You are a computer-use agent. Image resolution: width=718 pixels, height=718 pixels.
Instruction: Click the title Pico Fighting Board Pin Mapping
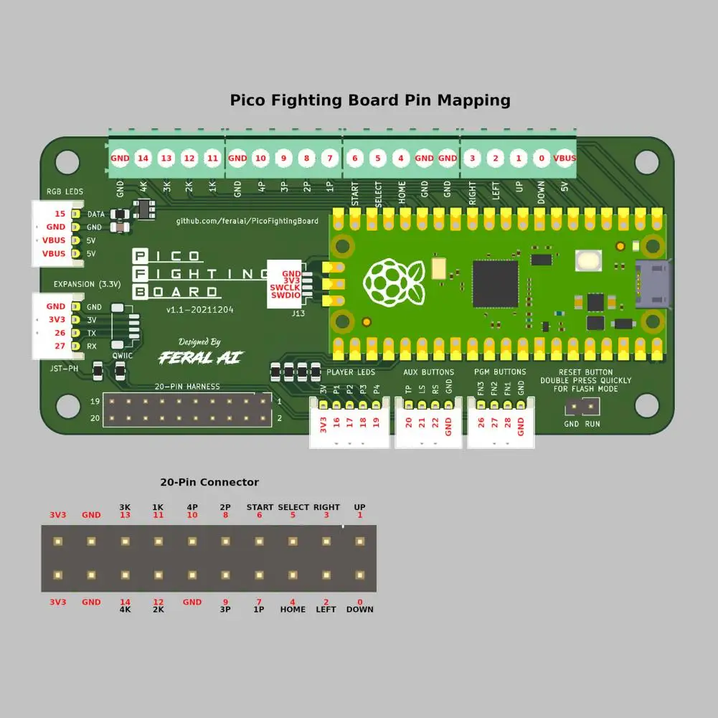370,100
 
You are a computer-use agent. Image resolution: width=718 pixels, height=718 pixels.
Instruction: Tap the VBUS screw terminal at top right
564,158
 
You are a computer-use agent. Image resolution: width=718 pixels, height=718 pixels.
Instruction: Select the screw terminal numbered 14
143,158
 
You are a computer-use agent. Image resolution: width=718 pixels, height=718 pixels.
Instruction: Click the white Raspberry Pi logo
394,283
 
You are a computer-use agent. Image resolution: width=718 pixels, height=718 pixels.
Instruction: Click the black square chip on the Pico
495,284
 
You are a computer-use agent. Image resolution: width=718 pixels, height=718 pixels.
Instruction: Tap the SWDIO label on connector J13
285,296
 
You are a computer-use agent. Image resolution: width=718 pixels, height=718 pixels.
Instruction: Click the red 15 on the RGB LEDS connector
60,214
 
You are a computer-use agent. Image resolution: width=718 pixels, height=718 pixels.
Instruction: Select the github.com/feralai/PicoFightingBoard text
247,221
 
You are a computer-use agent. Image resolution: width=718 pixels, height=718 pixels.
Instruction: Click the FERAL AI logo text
200,357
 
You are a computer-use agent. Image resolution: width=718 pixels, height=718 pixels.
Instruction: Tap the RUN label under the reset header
592,424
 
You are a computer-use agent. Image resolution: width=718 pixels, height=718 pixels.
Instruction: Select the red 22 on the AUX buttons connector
435,423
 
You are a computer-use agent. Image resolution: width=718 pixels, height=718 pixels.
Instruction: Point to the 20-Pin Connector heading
209,483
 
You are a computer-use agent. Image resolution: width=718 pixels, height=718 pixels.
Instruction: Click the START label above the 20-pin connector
260,507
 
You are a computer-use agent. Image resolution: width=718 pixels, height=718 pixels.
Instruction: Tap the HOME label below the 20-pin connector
293,610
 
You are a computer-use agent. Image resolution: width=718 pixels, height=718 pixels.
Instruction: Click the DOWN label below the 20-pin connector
360,610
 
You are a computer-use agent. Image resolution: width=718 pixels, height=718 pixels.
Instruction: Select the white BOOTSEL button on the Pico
588,260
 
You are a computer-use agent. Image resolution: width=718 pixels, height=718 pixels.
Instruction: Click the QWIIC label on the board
120,356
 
